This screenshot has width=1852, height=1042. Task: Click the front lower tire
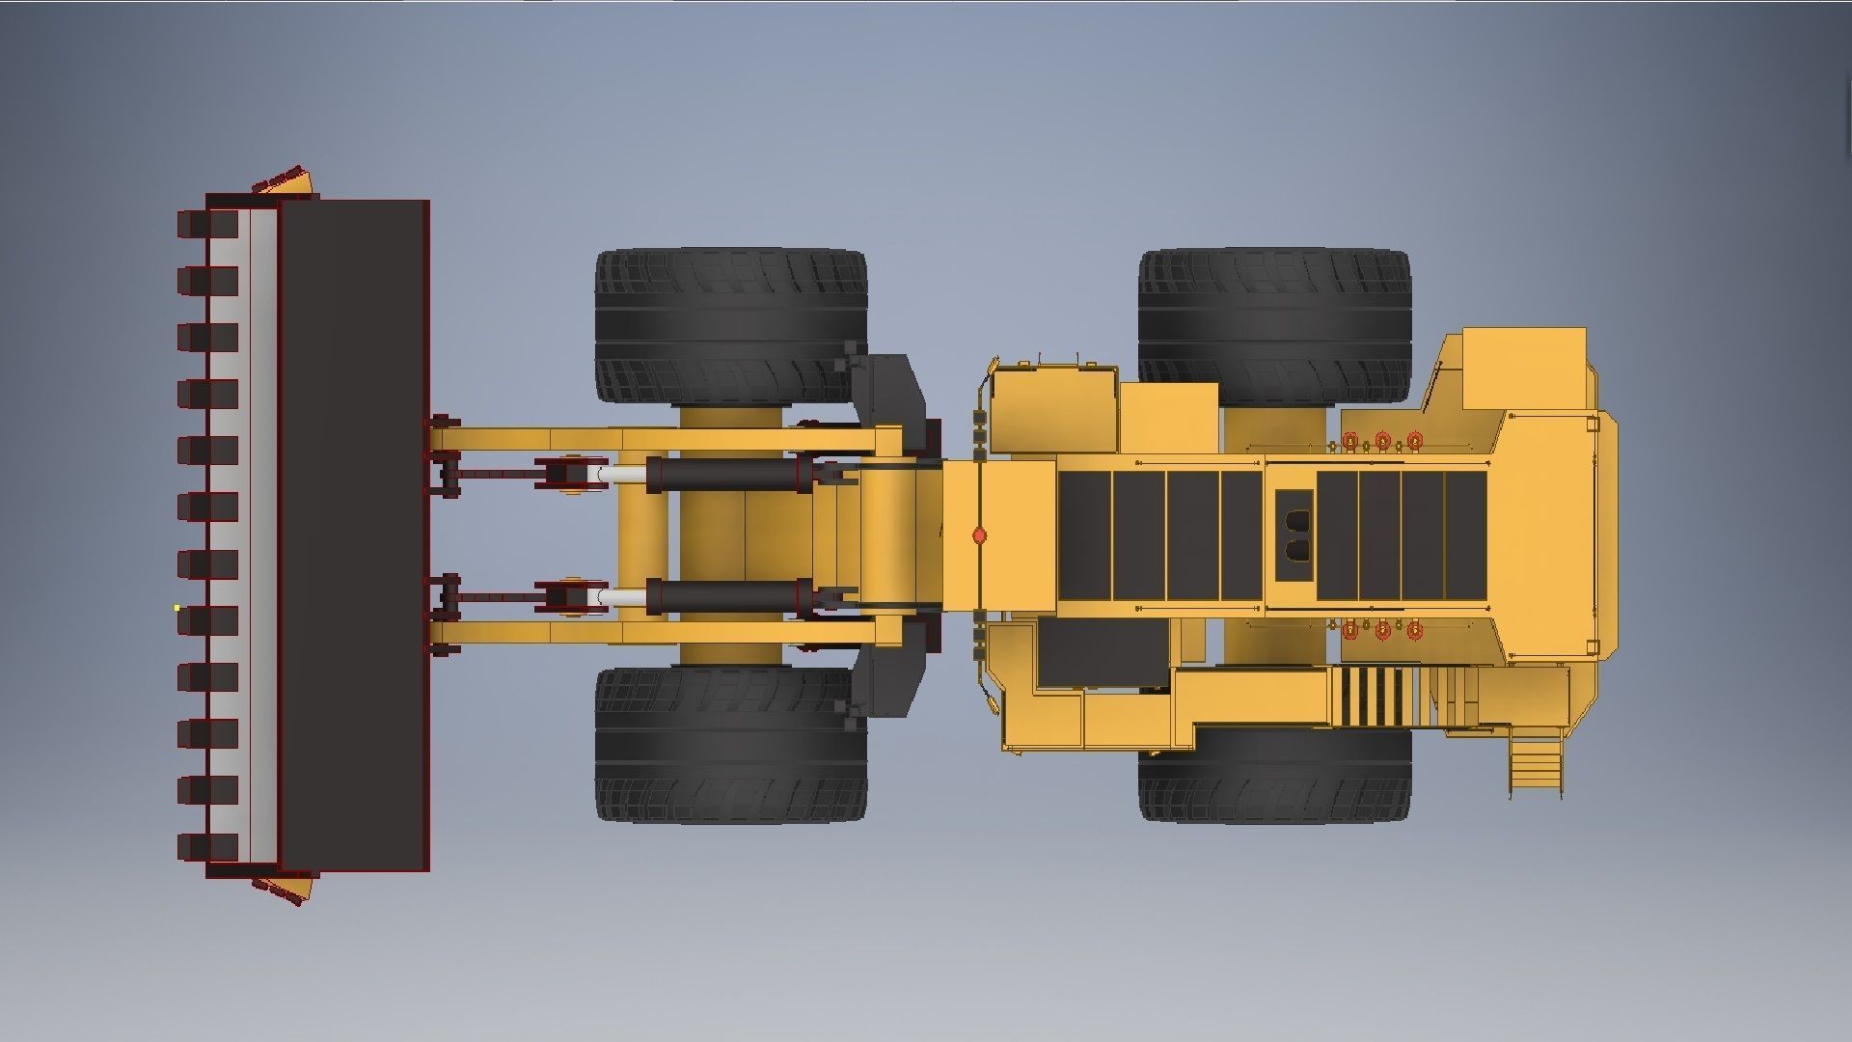(x=730, y=744)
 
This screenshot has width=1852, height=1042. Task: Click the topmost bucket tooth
(x=206, y=224)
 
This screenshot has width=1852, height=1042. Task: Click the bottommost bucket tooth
(x=206, y=846)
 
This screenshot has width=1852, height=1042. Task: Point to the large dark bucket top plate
(x=354, y=535)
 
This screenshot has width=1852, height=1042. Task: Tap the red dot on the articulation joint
(x=980, y=535)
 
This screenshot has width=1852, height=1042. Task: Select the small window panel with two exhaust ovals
(x=1294, y=535)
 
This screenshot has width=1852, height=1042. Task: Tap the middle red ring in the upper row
(x=1382, y=441)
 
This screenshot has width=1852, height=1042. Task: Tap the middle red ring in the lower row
(x=1382, y=630)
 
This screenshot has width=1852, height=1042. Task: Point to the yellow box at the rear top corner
(x=1524, y=369)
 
